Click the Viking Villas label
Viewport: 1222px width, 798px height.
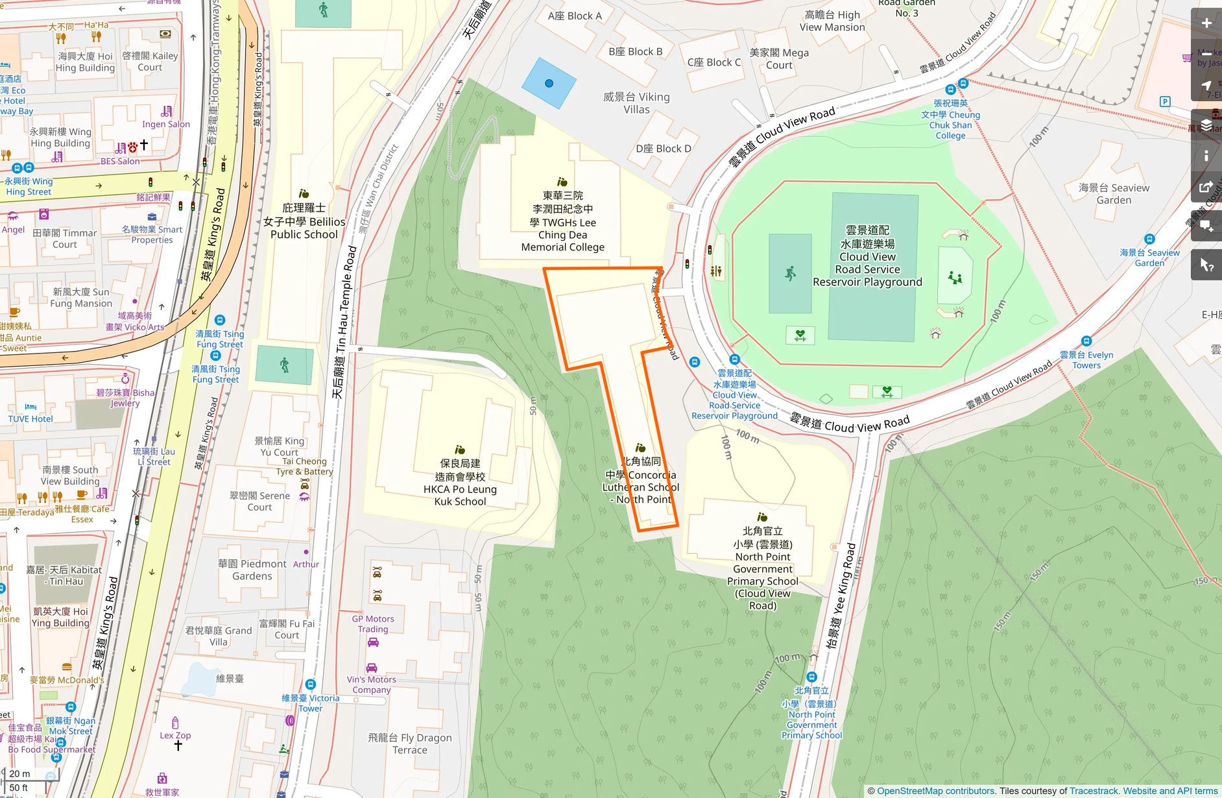[636, 103]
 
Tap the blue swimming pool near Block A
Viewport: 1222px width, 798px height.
[549, 83]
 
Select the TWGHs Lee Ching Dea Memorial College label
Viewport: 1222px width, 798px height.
[562, 222]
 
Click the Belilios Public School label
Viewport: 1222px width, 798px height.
[304, 222]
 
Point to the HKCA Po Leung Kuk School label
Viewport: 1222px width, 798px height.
[460, 482]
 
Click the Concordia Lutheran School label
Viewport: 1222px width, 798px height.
[641, 481]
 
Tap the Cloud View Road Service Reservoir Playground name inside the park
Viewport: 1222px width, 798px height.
[867, 256]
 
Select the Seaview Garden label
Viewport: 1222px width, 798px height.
[1114, 194]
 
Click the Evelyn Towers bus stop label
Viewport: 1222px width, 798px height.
[1086, 360]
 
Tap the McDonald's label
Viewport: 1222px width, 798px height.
[67, 681]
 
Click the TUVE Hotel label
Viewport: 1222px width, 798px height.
[30, 419]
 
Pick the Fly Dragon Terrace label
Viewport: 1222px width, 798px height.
[409, 744]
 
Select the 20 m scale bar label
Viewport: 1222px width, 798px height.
[19, 773]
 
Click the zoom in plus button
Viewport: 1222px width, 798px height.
[1206, 23]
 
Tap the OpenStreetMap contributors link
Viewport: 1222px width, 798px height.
[935, 791]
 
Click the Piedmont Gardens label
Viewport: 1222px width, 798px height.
[252, 570]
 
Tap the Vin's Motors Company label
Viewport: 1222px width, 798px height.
[371, 684]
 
